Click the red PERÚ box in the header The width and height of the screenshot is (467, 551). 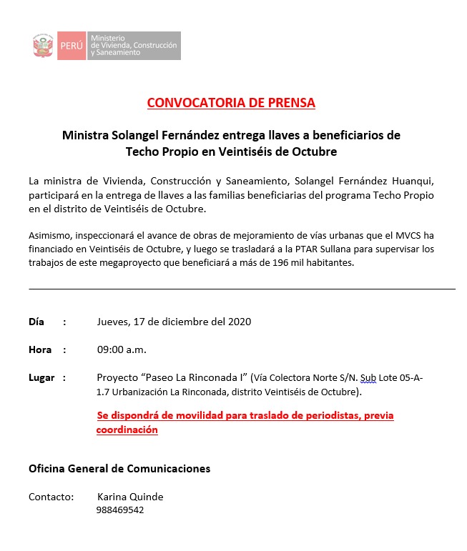pos(71,46)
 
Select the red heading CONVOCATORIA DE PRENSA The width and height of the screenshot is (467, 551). pos(231,102)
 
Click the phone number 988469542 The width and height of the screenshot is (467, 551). pos(120,510)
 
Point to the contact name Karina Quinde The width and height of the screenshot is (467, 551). pos(130,497)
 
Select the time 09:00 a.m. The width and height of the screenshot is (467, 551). pos(122,350)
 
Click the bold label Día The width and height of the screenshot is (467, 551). pos(36,322)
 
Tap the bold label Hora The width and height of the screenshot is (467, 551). pos(40,350)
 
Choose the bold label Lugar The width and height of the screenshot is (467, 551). pos(41,378)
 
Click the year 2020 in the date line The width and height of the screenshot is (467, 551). pos(239,322)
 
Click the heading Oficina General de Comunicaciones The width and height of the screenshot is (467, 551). pos(119,469)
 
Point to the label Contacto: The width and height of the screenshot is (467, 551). pos(51,497)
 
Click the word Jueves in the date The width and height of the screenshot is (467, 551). pos(113,322)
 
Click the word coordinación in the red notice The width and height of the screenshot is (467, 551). pos(127,430)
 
